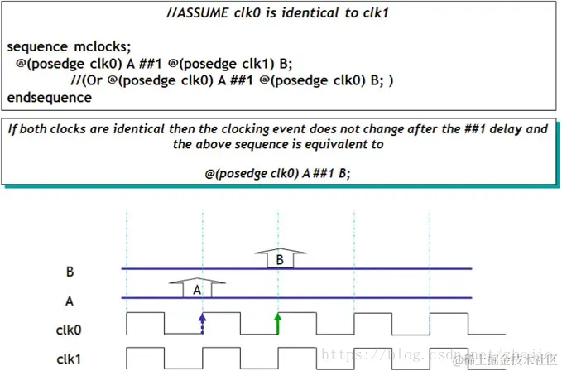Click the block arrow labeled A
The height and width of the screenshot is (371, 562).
[197, 289]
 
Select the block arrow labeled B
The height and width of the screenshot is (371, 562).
[279, 258]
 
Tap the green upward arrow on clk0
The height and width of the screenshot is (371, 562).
[278, 323]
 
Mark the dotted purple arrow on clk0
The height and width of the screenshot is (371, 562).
[202, 323]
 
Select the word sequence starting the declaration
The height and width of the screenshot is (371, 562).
[40, 47]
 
